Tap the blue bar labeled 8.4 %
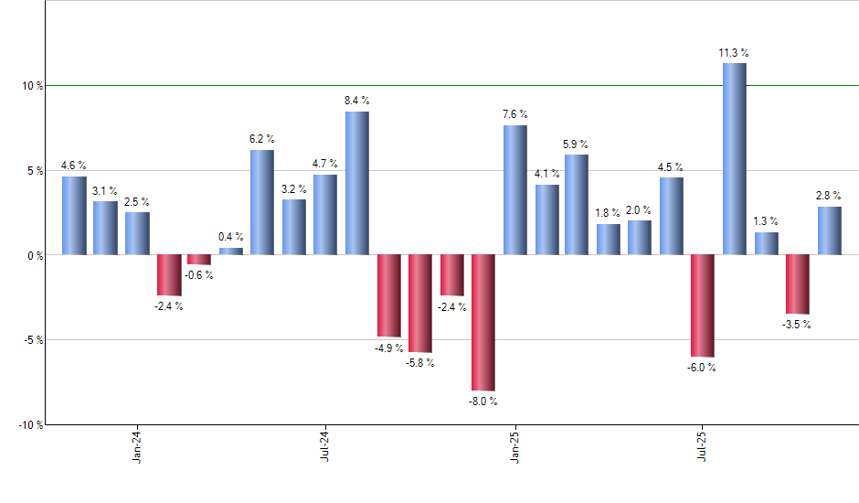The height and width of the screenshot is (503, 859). point(356,183)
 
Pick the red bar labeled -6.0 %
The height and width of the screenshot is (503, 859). point(703,305)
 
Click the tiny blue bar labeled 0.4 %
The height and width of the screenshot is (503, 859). point(231,251)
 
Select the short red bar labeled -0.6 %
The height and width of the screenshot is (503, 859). point(199,260)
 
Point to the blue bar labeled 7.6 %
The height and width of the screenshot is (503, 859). point(514,189)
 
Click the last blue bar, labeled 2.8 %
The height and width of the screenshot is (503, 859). point(829,230)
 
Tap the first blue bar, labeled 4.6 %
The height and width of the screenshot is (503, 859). point(74,215)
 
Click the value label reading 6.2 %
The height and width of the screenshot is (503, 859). point(262,139)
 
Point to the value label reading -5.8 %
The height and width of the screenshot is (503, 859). point(420,363)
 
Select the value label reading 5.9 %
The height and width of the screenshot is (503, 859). point(576,144)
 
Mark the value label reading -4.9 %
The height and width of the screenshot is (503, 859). point(389,348)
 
